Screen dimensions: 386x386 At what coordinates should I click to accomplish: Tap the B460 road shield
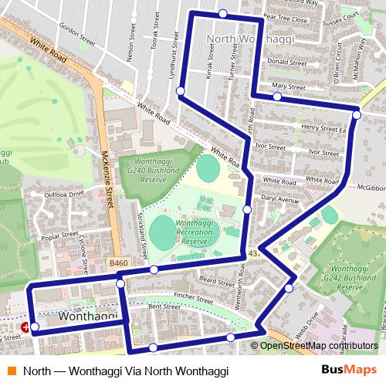pos(118,263)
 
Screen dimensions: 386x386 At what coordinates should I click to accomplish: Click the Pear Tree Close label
pos(285,22)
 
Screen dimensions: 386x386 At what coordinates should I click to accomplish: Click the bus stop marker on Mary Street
pos(276,96)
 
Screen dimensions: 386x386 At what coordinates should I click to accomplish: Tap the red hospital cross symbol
pos(26,328)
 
